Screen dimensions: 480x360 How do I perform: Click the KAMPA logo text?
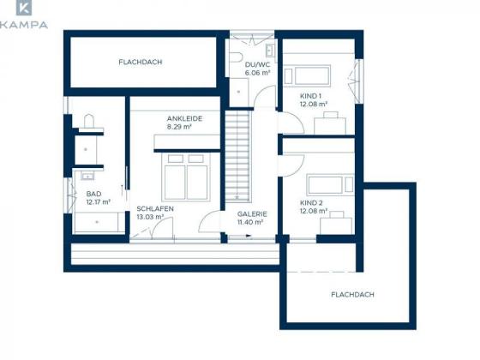[24, 25]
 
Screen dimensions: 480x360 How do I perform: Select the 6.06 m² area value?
[257, 73]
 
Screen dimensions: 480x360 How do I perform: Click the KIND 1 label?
[310, 96]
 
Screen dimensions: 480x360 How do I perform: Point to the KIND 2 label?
[311, 202]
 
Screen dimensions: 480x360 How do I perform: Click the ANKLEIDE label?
[184, 118]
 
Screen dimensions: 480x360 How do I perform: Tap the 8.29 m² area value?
[179, 127]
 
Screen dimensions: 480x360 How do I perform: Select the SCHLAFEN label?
[155, 209]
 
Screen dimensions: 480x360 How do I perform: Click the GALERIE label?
[252, 214]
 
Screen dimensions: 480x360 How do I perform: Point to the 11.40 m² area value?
[250, 222]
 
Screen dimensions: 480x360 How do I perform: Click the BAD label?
[93, 194]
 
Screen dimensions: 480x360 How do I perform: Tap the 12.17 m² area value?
[99, 202]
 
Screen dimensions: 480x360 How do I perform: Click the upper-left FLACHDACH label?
[141, 62]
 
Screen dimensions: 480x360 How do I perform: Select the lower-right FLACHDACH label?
[352, 295]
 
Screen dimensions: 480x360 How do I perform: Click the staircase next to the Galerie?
[238, 156]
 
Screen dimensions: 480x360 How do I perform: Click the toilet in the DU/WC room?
[236, 57]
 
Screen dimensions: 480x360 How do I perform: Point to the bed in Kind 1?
[308, 75]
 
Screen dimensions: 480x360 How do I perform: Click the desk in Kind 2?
[336, 225]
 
